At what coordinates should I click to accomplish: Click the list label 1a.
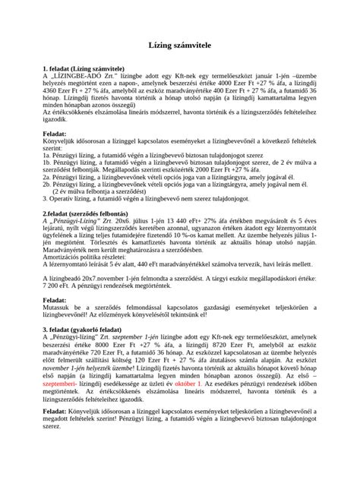tap(48, 153)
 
